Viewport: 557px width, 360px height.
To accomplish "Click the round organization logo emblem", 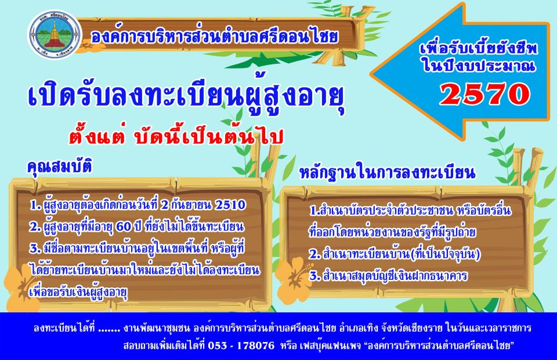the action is [x=55, y=35].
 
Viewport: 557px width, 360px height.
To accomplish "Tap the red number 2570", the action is [x=485, y=94].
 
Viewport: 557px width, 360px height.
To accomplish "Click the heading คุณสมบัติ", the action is [x=60, y=165].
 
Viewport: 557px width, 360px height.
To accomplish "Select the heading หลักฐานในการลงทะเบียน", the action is [x=387, y=172].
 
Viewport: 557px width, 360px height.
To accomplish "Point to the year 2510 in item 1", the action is [x=230, y=205].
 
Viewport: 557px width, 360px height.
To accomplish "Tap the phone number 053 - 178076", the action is [x=241, y=345].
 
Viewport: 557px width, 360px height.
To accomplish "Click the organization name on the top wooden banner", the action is [x=214, y=37].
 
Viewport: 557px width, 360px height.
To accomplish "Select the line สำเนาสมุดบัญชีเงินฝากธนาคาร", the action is [x=388, y=276].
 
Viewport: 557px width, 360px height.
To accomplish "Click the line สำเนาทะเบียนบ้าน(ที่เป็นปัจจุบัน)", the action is [x=395, y=254].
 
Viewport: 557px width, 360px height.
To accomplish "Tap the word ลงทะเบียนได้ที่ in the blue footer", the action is [x=64, y=327].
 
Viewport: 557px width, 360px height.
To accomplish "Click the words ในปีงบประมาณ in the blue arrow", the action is [x=479, y=66].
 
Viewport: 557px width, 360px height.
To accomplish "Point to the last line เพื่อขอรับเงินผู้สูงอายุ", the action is [x=78, y=293].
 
